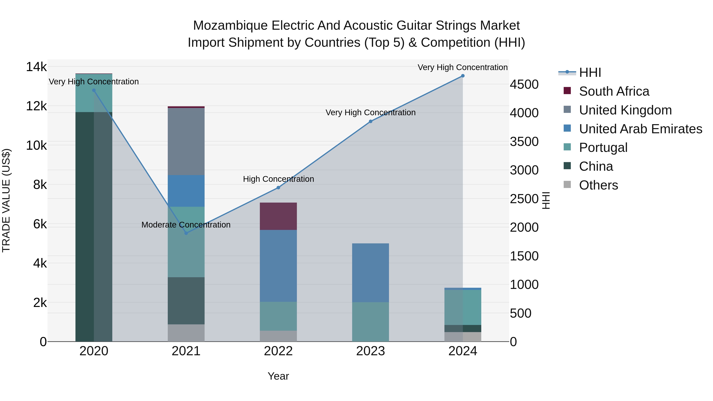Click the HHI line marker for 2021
pyautogui.click(x=186, y=233)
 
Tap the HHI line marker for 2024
pyautogui.click(x=462, y=76)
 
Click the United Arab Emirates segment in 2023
pyautogui.click(x=370, y=273)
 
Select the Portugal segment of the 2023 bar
pyautogui.click(x=370, y=322)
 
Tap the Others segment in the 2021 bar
pyautogui.click(x=186, y=333)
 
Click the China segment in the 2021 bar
pyautogui.click(x=186, y=301)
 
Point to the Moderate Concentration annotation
pyautogui.click(x=186, y=225)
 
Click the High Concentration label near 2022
pyautogui.click(x=278, y=179)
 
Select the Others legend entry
pyautogui.click(x=598, y=185)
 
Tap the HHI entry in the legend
pyautogui.click(x=590, y=72)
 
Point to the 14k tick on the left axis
pyautogui.click(x=36, y=67)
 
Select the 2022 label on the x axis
pyautogui.click(x=278, y=351)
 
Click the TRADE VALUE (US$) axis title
pyautogui.click(x=6, y=200)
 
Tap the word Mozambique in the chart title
pyautogui.click(x=230, y=26)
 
